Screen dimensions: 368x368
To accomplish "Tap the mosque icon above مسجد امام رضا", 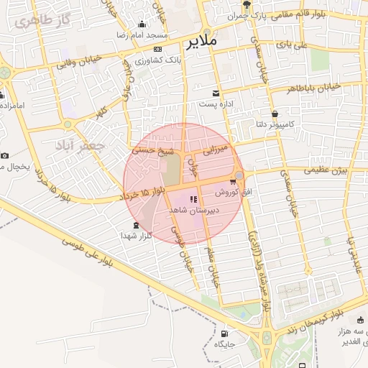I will point(142,24).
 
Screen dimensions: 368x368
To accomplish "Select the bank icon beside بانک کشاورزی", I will point(157,49).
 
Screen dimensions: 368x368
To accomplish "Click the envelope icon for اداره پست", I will point(216,93).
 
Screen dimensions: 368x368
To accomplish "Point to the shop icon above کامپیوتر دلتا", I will point(275,114).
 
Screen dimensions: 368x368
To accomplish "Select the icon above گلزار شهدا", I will point(137,226).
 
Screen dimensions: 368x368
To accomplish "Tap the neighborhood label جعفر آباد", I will point(79,146).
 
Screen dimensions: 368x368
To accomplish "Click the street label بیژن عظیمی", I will point(325,170).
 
